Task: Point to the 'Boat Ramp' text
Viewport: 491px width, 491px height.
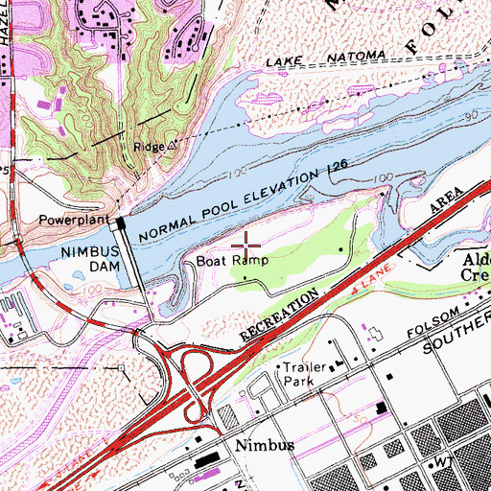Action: pyautogui.click(x=232, y=260)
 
